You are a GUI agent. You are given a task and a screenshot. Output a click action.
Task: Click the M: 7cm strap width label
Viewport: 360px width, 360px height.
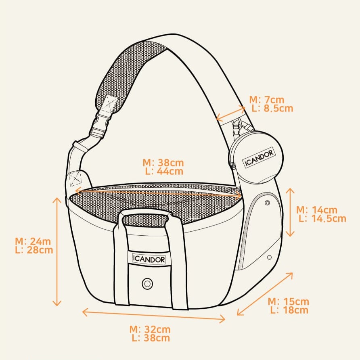click(266, 100)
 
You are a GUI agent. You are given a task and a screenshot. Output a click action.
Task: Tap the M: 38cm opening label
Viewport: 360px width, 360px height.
click(163, 163)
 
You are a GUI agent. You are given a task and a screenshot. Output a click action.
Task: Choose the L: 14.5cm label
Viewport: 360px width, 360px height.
click(322, 218)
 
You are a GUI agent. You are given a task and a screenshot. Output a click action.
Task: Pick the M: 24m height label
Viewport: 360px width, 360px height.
click(33, 241)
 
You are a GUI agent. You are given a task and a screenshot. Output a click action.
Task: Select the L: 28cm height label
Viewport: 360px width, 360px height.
click(34, 250)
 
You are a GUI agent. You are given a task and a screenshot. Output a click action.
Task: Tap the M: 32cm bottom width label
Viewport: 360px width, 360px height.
click(150, 329)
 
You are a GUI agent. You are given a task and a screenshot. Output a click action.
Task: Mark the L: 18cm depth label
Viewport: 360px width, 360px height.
click(289, 310)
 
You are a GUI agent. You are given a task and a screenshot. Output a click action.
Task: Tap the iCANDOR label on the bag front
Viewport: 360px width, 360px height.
click(149, 258)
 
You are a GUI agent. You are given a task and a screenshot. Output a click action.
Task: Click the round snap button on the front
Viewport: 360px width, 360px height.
click(147, 284)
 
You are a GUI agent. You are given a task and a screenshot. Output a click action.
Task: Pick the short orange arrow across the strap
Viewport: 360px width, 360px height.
click(230, 113)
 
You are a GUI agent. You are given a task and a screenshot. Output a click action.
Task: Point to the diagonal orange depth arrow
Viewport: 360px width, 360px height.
click(265, 294)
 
